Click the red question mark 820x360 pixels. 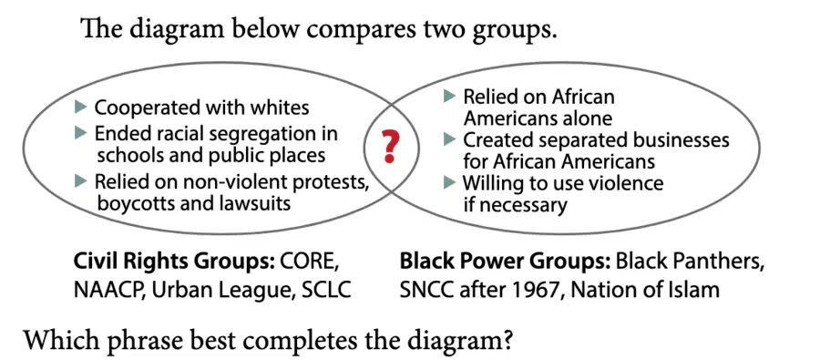(x=391, y=147)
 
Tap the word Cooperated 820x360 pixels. (x=149, y=108)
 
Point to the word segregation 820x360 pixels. (x=260, y=135)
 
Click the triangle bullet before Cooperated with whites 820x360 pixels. (x=80, y=108)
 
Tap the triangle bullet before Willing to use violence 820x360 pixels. (x=449, y=183)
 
